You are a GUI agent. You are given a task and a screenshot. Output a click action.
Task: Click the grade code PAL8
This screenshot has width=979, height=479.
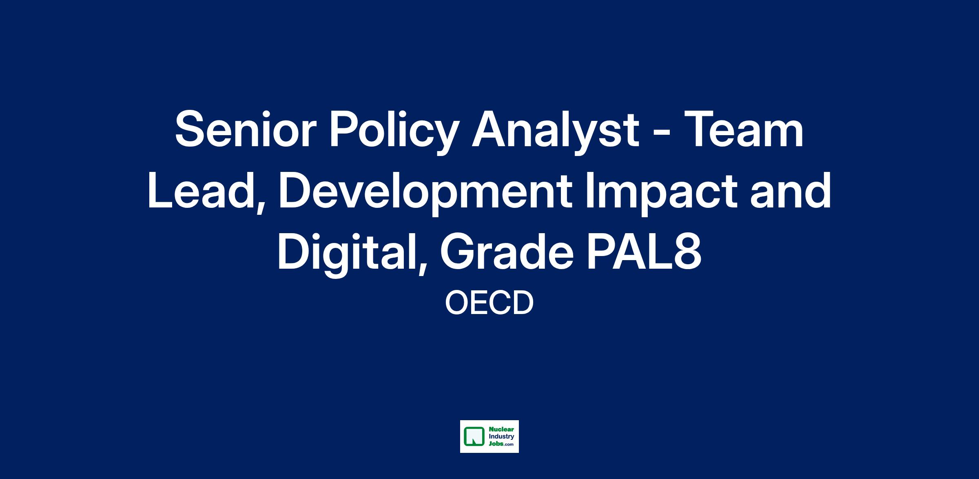click(645, 252)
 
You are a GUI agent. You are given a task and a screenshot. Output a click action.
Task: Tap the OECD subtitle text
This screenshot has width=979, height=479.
click(489, 303)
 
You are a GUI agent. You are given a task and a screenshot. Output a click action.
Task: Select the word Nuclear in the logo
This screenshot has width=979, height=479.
click(498, 430)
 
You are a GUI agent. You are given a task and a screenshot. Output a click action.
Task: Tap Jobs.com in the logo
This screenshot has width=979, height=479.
click(499, 443)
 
